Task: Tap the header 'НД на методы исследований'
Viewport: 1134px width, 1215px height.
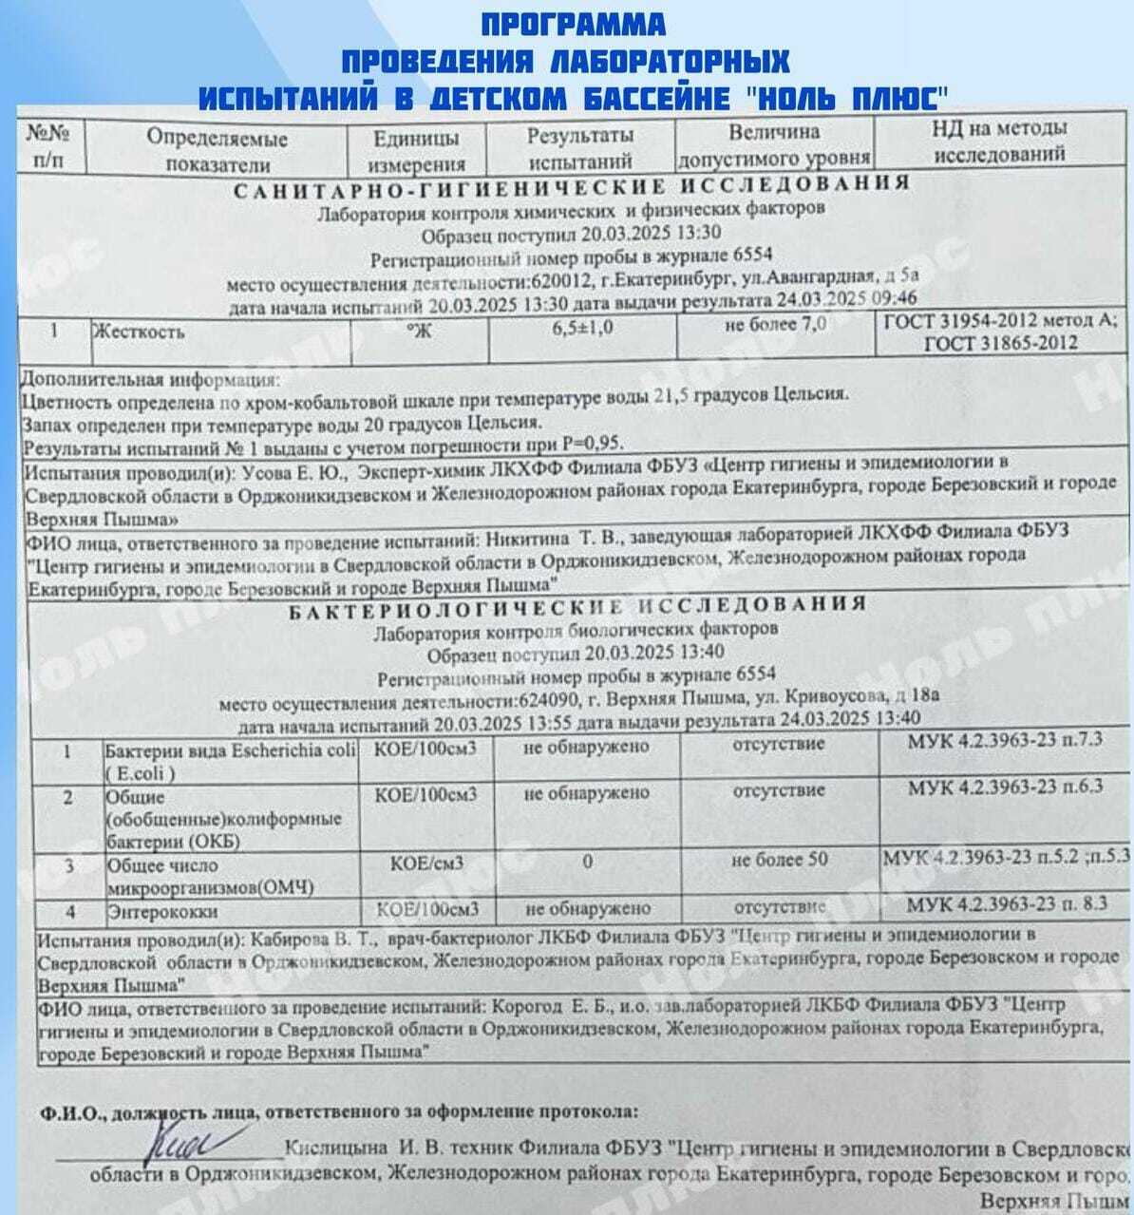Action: pyautogui.click(x=999, y=141)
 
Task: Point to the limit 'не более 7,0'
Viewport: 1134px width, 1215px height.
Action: pyautogui.click(x=775, y=325)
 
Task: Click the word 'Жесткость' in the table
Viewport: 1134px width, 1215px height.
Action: pyautogui.click(x=138, y=332)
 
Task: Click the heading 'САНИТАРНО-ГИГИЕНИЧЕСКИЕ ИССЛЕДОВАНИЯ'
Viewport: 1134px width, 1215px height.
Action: pyautogui.click(x=572, y=186)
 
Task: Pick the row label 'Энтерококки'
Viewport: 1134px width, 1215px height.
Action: pyautogui.click(x=161, y=911)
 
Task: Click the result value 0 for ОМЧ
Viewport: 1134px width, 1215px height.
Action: pyautogui.click(x=588, y=862)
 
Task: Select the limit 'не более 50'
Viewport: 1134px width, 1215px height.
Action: pyautogui.click(x=780, y=860)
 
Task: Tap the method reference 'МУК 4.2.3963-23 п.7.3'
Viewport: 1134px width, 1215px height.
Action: pyautogui.click(x=1005, y=740)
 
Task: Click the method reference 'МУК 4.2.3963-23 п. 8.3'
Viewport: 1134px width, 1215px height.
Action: pyautogui.click(x=1007, y=903)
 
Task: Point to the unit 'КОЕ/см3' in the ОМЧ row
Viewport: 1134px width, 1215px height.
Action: pyautogui.click(x=427, y=864)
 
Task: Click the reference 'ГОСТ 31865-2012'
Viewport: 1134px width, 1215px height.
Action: pyautogui.click(x=1001, y=344)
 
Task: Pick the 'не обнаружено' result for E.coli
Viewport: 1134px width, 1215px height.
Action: pyautogui.click(x=587, y=747)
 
